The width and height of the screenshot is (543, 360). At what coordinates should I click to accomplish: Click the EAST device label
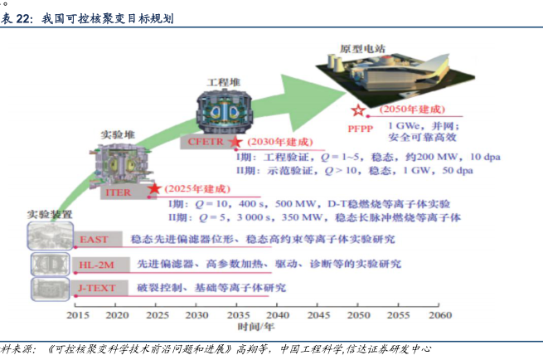click(x=94, y=240)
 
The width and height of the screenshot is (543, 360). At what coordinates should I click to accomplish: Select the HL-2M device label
click(x=93, y=264)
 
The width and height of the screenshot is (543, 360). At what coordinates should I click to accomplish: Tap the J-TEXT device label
click(x=92, y=288)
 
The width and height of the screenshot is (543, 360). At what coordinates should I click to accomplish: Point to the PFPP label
click(x=361, y=127)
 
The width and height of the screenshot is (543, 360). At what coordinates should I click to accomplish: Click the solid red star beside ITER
click(x=154, y=189)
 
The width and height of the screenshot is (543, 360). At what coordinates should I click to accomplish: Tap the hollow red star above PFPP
click(x=358, y=111)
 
